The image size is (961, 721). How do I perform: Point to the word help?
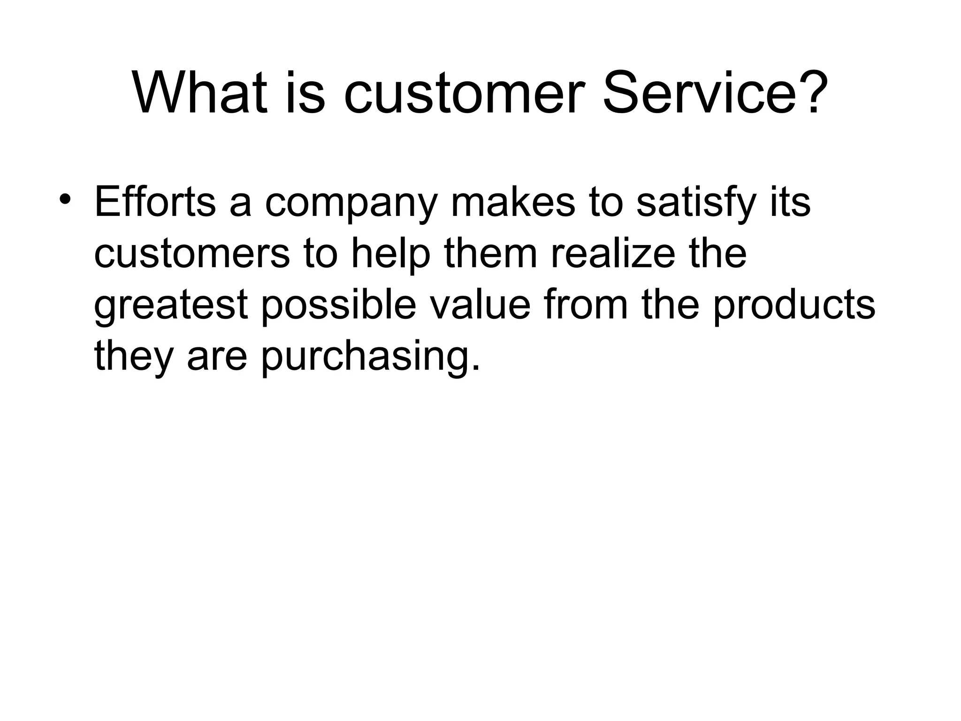pos(390,254)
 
